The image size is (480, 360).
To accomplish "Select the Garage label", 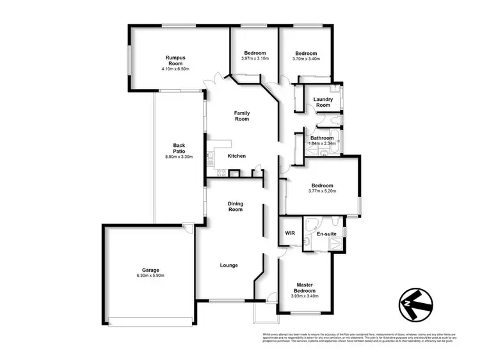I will pyautogui.click(x=150, y=270).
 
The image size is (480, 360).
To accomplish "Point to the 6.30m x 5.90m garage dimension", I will pyautogui.click(x=150, y=276).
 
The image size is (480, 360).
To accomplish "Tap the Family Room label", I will pyautogui.click(x=241, y=116).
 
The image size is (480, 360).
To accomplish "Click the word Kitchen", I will pyautogui.click(x=237, y=156).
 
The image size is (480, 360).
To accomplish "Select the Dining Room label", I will pyautogui.click(x=236, y=207).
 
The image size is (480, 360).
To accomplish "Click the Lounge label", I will pyautogui.click(x=229, y=265).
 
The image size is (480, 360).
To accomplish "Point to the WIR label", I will pyautogui.click(x=289, y=233).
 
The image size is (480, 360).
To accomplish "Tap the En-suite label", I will pyautogui.click(x=327, y=234).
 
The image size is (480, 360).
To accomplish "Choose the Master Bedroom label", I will pyautogui.click(x=303, y=288).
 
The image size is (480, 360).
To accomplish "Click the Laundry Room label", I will pyautogui.click(x=322, y=102).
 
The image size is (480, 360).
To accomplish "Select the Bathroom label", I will pyautogui.click(x=322, y=138).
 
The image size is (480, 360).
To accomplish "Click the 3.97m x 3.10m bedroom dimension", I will pyautogui.click(x=255, y=58).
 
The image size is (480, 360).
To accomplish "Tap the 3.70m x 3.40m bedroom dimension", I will pyautogui.click(x=307, y=58).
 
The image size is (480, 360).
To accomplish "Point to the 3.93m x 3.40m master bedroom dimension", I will pyautogui.click(x=303, y=296).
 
